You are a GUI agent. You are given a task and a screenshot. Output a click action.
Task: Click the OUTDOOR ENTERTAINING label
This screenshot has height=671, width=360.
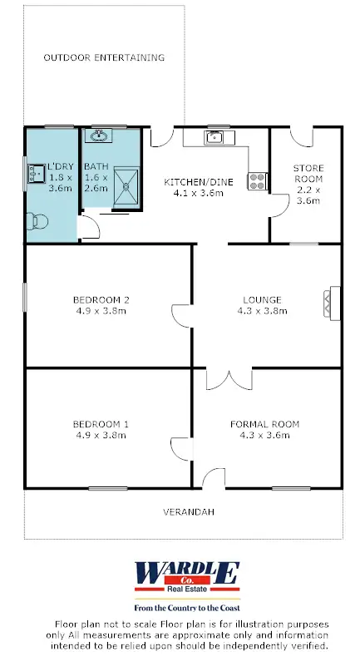[104, 58]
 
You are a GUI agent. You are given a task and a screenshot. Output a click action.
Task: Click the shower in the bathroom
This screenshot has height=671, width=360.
[127, 183]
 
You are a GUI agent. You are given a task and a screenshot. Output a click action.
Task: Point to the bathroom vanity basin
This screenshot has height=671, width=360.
[99, 136]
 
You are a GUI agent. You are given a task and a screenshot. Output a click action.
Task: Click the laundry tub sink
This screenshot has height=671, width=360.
[37, 173]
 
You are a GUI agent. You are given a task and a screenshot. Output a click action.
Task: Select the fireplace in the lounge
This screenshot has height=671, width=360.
[333, 304]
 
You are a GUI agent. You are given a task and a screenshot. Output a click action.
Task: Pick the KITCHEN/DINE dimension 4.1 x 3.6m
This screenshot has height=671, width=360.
[198, 194]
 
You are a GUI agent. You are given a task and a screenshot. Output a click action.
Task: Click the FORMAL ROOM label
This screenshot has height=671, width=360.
[264, 424]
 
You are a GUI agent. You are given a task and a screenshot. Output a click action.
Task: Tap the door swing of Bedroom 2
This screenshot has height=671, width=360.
[180, 314]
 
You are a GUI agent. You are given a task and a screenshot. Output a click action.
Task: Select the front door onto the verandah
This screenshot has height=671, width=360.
[213, 479]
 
